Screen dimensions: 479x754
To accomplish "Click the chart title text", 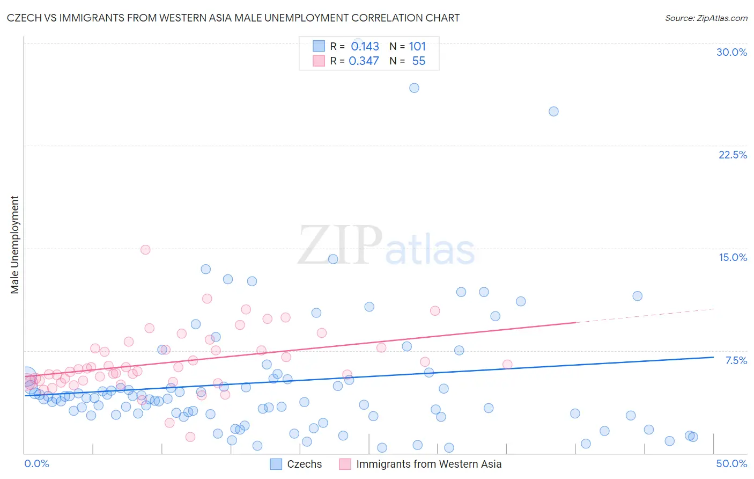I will [233, 18].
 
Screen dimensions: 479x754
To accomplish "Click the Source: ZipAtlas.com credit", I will [706, 18].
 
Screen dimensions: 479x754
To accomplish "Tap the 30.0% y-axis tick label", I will [731, 52].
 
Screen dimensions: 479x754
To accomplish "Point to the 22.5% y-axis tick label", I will [733, 155].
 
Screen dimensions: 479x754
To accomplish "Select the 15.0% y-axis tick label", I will [733, 257].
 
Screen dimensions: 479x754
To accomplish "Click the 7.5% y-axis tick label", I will [736, 360].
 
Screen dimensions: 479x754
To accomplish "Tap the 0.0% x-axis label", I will [36, 463].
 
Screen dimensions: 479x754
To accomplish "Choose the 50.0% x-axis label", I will [731, 463].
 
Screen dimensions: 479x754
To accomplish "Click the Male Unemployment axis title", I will [14, 245].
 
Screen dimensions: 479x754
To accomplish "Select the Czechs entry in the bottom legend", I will [304, 464].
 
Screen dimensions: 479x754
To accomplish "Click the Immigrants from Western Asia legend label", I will [428, 464].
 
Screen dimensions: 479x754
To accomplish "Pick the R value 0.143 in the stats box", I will [365, 47].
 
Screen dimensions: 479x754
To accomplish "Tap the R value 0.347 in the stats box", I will [364, 61].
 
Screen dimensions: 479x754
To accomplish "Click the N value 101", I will [417, 47].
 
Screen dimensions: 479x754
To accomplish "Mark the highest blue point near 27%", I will [414, 88].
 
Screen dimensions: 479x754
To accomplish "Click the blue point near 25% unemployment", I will [553, 112].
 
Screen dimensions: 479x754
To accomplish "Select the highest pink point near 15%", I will [145, 250].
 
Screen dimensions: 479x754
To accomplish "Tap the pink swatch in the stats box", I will [319, 61].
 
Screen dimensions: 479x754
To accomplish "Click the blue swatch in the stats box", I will [319, 46].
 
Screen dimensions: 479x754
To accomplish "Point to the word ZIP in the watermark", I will [340, 245].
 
